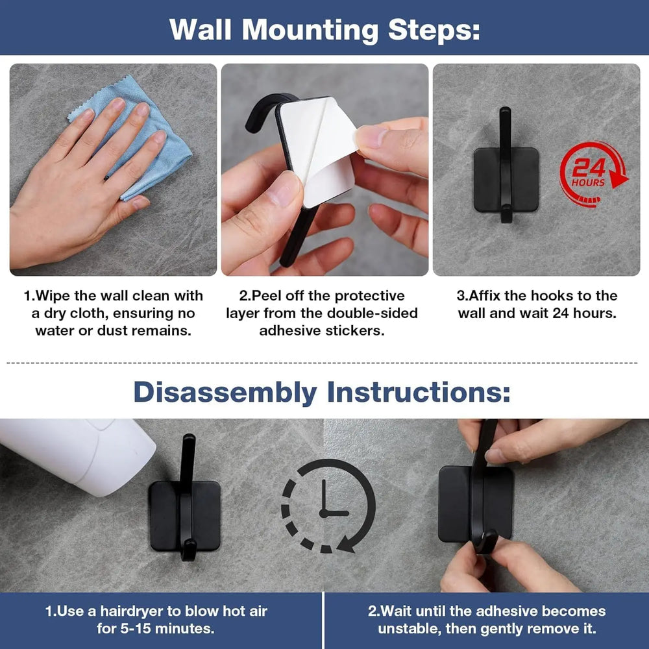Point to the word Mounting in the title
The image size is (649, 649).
point(310,30)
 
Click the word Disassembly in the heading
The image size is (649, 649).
point(225,391)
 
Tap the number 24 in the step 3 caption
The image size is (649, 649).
point(561,313)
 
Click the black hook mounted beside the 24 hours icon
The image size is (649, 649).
point(506,165)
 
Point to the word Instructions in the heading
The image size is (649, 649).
point(419,391)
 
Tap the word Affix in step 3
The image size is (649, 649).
point(485,295)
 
